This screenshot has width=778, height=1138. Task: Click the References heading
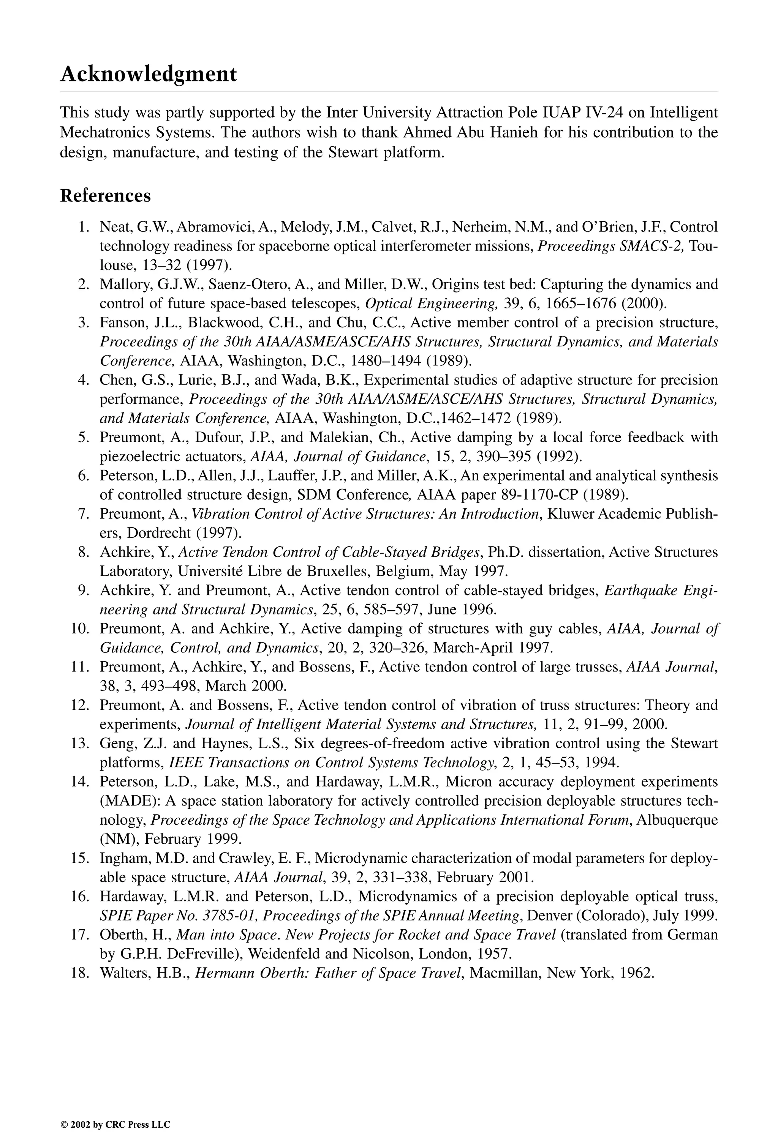point(105,196)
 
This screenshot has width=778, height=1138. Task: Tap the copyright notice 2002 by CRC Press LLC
point(115,1111)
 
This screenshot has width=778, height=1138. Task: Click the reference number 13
point(81,743)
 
